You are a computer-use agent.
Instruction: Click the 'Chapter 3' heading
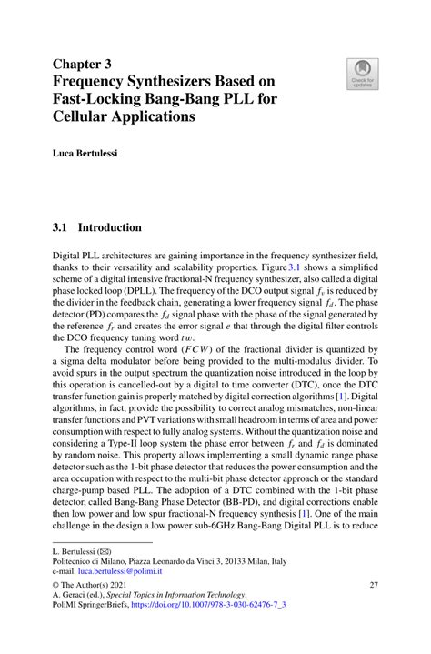click(x=82, y=65)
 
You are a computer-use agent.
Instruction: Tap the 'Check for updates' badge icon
click(x=361, y=72)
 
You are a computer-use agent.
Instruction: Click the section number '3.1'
click(x=61, y=227)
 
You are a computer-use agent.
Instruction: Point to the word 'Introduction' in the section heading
click(x=109, y=227)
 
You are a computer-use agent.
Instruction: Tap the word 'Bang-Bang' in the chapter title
click(x=198, y=100)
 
